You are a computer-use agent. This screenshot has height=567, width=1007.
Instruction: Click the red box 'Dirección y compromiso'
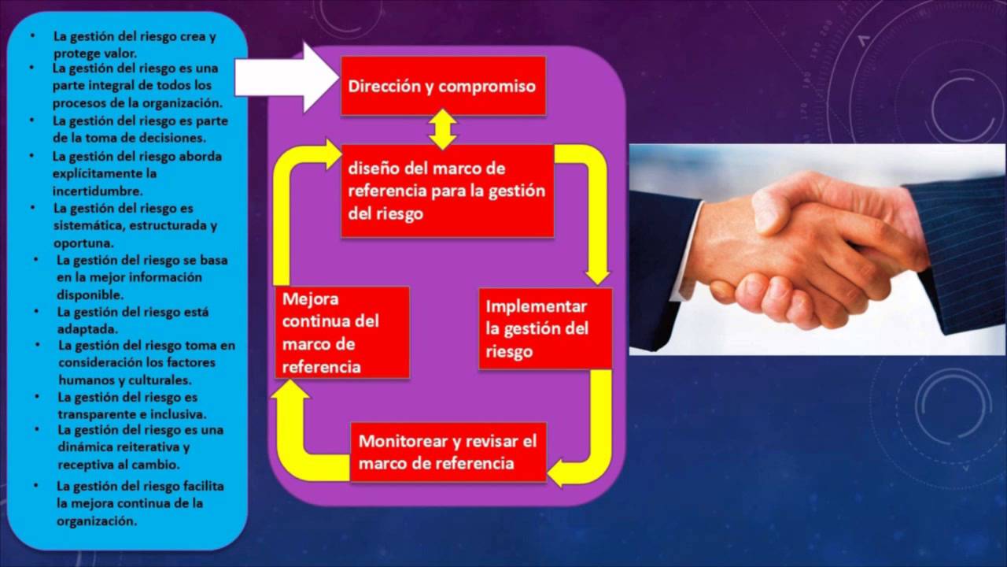click(x=443, y=86)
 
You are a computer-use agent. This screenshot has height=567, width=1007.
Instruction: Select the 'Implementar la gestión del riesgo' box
click(x=545, y=328)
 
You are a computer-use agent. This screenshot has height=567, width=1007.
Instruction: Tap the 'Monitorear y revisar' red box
click(x=448, y=452)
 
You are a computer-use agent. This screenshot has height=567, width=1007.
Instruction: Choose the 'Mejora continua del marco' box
click(x=342, y=332)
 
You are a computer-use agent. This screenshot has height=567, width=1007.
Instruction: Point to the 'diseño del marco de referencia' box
click(x=447, y=191)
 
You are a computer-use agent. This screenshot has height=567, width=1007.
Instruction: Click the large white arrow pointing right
click(x=287, y=77)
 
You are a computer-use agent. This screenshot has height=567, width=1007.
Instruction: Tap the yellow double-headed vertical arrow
click(x=443, y=129)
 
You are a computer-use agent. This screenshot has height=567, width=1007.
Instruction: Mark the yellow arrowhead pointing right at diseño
click(x=330, y=153)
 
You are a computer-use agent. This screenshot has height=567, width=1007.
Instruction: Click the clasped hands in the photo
click(x=795, y=252)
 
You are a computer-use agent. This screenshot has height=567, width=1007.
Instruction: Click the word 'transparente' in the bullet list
click(x=94, y=413)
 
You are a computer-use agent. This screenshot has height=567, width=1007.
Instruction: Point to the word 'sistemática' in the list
click(x=87, y=225)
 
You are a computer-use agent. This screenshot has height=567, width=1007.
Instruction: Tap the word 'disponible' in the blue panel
click(x=89, y=295)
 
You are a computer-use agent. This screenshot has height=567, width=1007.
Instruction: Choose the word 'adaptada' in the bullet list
click(x=87, y=328)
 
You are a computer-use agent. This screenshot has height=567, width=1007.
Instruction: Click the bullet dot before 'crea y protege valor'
click(x=33, y=36)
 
